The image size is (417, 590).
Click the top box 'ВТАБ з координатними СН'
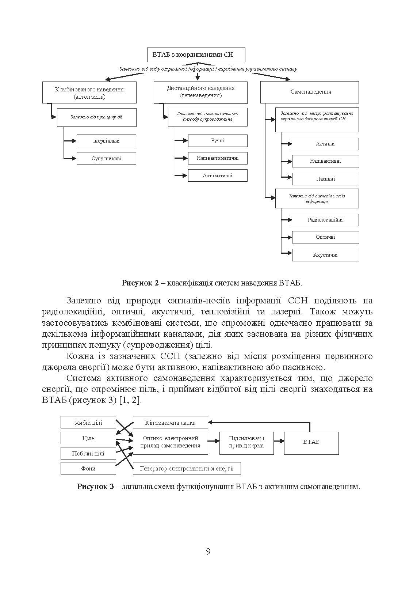pyautogui.click(x=196, y=55)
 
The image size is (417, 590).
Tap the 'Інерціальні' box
pyautogui.click(x=106, y=141)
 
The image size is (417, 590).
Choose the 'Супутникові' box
pyautogui.click(x=106, y=158)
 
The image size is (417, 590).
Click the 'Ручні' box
pyautogui.click(x=218, y=140)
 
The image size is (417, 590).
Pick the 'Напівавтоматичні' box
pyautogui.click(x=218, y=158)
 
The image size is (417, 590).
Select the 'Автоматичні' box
pyautogui.click(x=218, y=175)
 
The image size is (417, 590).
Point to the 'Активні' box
pyautogui.click(x=325, y=144)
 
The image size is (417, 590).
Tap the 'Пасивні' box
pyautogui.click(x=325, y=179)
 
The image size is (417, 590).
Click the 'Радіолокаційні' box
pyautogui.click(x=325, y=220)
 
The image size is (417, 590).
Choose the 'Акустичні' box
pyautogui.click(x=325, y=255)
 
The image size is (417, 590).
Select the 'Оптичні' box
pyautogui.click(x=325, y=237)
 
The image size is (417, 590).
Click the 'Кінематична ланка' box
pyautogui.click(x=170, y=423)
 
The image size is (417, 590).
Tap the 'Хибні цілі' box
pyautogui.click(x=88, y=423)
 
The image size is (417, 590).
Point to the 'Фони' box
pyautogui.click(x=88, y=468)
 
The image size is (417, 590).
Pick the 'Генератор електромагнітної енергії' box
pyautogui.click(x=187, y=468)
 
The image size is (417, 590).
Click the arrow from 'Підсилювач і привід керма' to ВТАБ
pyautogui.click(x=279, y=441)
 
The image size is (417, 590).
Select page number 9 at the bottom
pyautogui.click(x=208, y=552)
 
